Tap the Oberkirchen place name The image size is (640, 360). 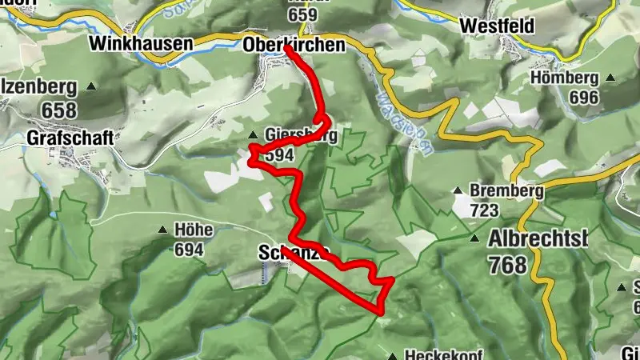(x=294, y=46)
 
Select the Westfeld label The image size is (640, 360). (x=497, y=26)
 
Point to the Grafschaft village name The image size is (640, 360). (x=69, y=137)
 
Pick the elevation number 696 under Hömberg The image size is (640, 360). (x=584, y=96)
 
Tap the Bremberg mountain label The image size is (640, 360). (x=506, y=192)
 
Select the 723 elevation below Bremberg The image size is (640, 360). (x=485, y=210)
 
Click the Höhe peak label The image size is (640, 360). (x=192, y=230)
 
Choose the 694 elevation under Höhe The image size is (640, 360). (x=189, y=250)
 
